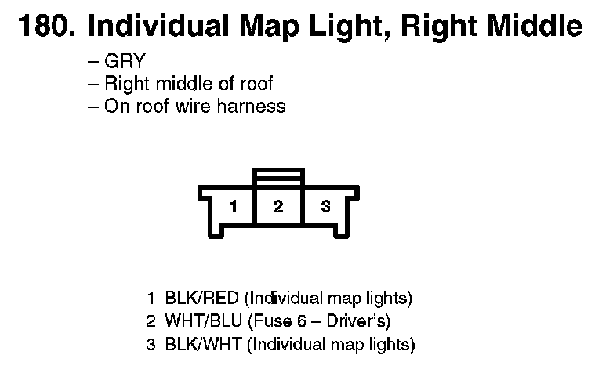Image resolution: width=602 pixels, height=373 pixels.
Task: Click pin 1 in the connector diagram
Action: [x=233, y=207]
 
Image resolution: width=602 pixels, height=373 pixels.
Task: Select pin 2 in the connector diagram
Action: [x=278, y=207]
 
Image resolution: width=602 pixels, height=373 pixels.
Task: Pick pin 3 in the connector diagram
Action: [x=325, y=207]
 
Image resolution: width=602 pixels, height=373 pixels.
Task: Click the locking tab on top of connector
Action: [x=278, y=176]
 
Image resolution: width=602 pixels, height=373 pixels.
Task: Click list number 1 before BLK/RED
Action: [x=150, y=299]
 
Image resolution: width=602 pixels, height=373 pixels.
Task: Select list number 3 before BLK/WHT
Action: [x=150, y=343]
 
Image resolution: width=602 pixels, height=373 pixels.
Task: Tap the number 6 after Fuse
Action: [x=296, y=320]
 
